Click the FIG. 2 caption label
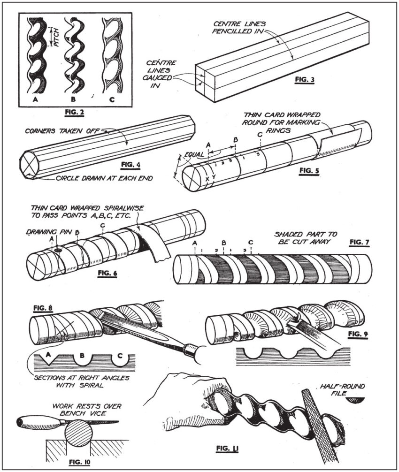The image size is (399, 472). pyautogui.click(x=75, y=113)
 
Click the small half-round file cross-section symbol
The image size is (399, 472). pyautogui.click(x=356, y=400)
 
